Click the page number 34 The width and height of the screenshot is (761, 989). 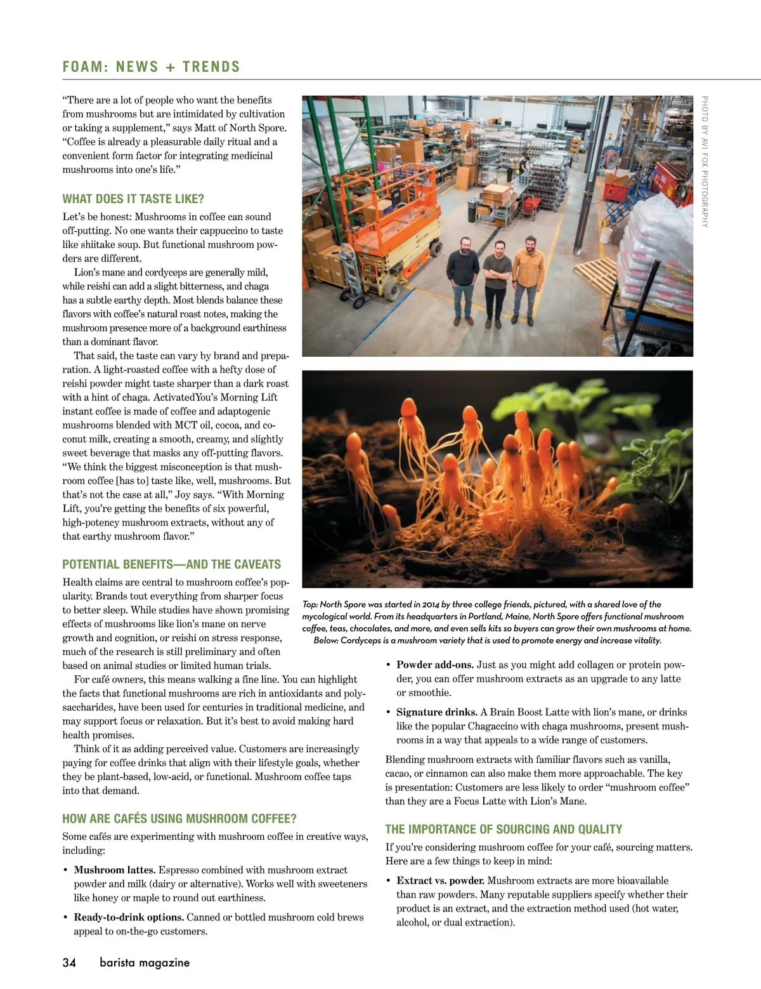coord(69,962)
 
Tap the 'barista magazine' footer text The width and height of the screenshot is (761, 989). coord(145,962)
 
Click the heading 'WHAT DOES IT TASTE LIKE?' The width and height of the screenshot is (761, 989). coord(133,199)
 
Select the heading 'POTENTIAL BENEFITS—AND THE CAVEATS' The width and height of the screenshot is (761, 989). coord(171,564)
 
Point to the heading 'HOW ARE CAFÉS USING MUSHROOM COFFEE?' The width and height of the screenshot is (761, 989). coord(179,818)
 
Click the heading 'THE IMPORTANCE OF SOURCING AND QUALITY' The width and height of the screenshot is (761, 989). coord(504,829)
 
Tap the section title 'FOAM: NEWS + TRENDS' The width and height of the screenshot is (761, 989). coord(152,67)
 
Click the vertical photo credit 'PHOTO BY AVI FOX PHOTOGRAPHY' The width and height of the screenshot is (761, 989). coord(705,161)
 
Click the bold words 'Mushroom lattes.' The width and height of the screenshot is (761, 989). coord(115,870)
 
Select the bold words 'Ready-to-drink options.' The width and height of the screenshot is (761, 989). coord(129,917)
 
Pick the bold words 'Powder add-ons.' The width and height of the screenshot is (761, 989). coord(435,665)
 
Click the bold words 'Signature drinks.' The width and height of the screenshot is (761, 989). coord(437,712)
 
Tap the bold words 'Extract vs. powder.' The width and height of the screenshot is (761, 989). coord(441,880)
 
